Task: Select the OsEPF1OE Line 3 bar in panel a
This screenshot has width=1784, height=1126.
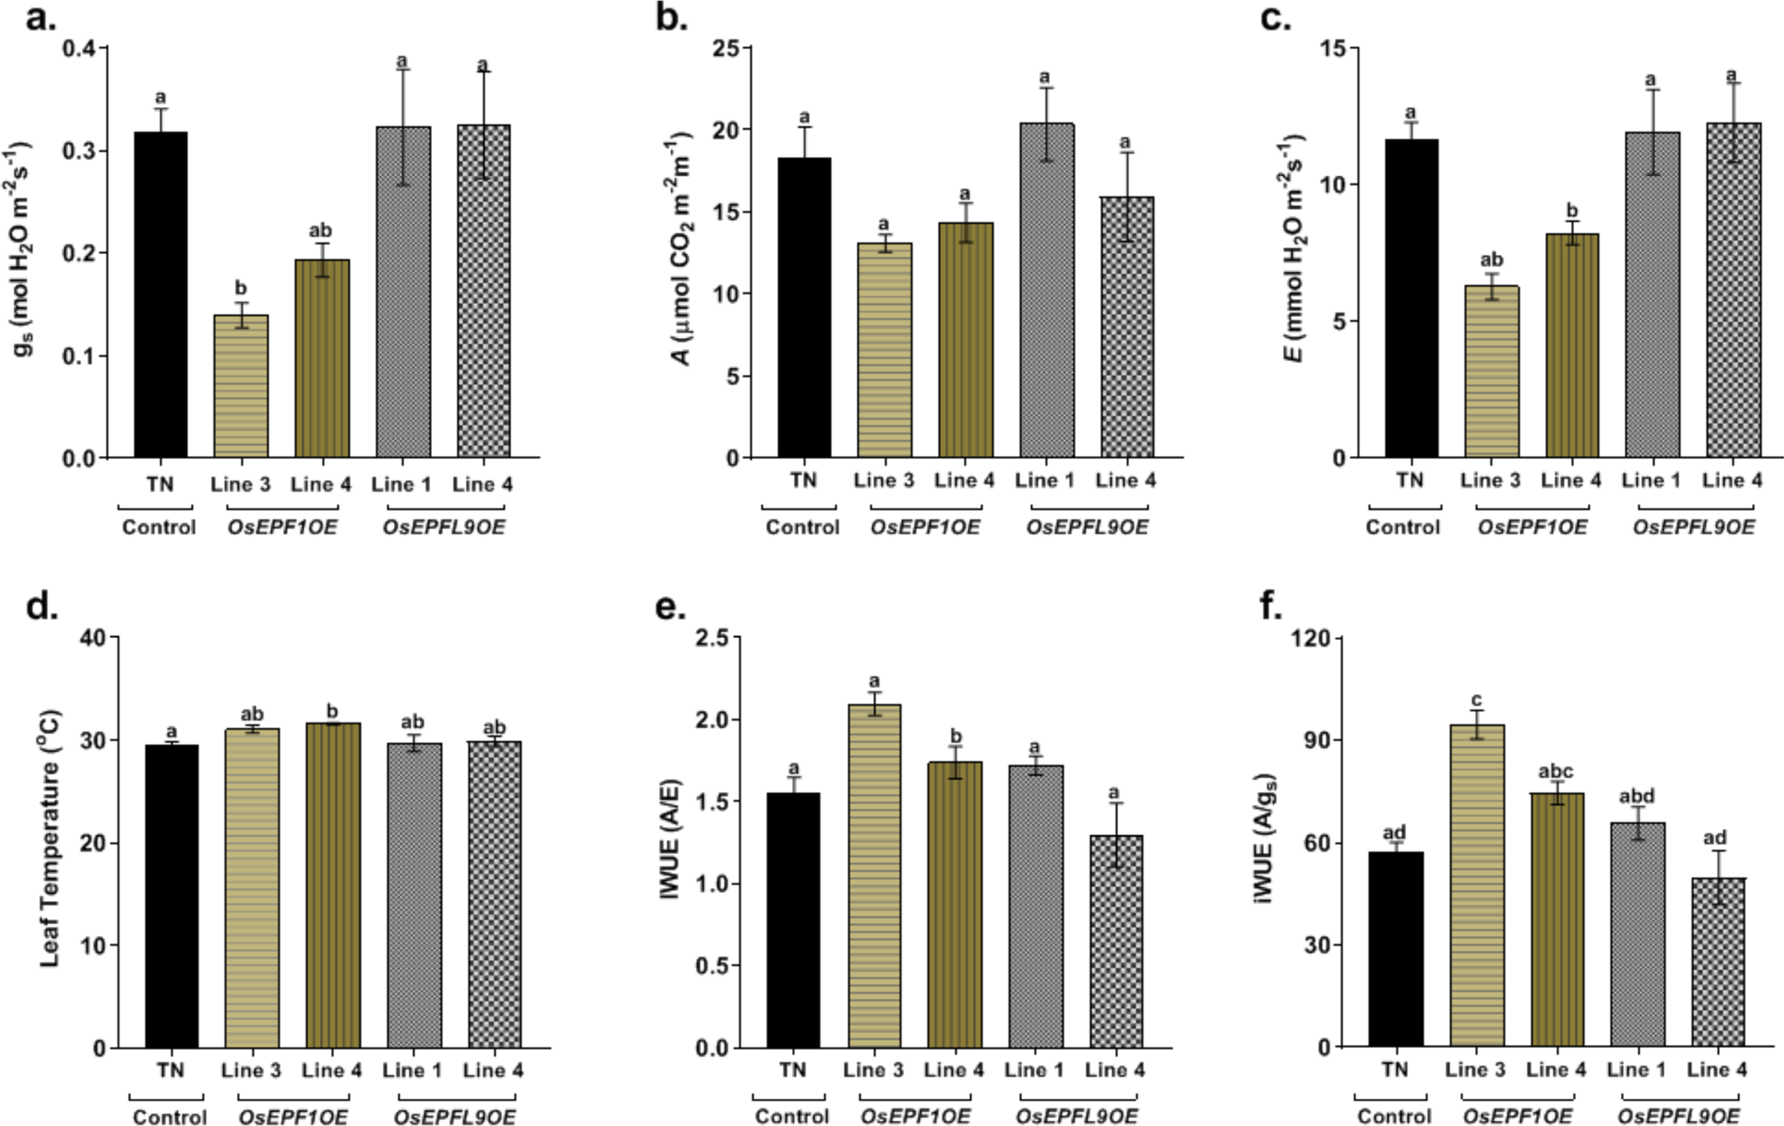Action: [241, 387]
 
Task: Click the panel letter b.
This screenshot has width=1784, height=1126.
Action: [671, 17]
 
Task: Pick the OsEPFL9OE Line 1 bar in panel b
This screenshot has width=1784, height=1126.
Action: [1045, 291]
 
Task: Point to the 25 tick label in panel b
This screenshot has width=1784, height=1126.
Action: [724, 48]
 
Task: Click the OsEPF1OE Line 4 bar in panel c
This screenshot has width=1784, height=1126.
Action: [1570, 345]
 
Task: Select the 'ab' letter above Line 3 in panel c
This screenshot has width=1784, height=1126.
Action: [1490, 260]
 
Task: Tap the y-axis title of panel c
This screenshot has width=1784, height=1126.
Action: [1293, 249]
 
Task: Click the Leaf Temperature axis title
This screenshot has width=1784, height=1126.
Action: [50, 838]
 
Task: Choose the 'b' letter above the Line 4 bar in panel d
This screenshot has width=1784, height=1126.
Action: [332, 711]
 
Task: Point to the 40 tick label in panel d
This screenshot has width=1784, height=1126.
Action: [92, 638]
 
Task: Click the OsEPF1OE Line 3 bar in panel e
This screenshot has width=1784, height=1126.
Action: [874, 876]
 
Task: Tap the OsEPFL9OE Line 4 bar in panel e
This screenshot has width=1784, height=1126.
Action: [1116, 941]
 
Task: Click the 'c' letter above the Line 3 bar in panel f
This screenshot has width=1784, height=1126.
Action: [1475, 701]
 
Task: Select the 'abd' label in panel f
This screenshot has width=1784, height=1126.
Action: [1636, 796]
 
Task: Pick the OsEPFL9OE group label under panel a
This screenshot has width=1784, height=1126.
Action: [443, 527]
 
